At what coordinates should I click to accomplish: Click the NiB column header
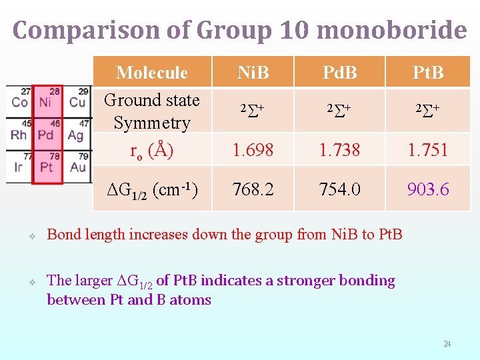point(253,73)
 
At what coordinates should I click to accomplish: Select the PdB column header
point(339,73)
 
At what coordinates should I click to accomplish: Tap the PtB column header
point(427,73)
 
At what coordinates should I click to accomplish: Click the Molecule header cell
point(151,73)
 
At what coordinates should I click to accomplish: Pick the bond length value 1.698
point(253,151)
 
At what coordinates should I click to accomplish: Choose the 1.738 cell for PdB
point(339,151)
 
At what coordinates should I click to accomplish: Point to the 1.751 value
point(427,151)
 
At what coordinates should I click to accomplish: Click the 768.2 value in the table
point(253,189)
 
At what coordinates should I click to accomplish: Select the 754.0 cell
point(339,189)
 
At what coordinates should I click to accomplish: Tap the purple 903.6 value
point(427,189)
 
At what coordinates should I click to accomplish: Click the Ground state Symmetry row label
point(151,111)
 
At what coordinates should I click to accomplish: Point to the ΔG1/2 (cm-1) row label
point(151,190)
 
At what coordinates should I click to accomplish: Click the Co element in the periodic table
point(19,102)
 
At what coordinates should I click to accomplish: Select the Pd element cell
point(45,135)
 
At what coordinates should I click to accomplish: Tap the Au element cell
point(77,167)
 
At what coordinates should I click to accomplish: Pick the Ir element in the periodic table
point(18,167)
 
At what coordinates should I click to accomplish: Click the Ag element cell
point(77,135)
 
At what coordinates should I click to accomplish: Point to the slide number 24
point(447,344)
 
